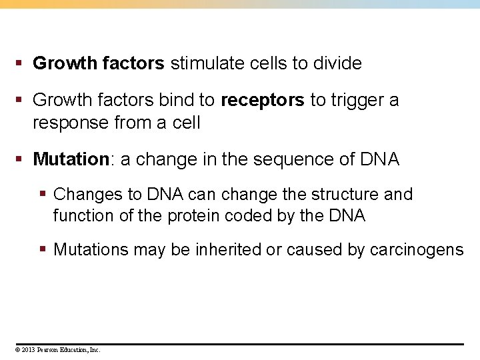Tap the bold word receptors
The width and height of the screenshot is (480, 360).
tap(262, 101)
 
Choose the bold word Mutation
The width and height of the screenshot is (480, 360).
tap(71, 160)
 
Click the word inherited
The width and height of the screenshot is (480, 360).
tap(227, 250)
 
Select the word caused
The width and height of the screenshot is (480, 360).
tap(313, 250)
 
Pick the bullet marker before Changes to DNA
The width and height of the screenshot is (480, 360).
tap(43, 195)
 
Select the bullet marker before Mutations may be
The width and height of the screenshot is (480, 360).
tap(43, 250)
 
